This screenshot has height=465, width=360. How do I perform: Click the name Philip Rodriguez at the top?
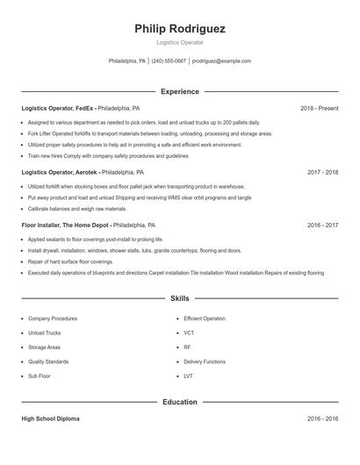click(180, 29)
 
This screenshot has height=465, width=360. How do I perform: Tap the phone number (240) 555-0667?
click(169, 61)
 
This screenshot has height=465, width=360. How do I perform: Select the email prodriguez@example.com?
click(221, 61)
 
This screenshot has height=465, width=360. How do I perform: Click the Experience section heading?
click(180, 91)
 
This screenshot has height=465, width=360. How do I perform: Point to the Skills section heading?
click(180, 299)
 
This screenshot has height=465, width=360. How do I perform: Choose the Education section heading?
click(180, 402)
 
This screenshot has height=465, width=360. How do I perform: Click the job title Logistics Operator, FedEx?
click(57, 108)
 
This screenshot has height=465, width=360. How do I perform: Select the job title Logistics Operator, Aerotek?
click(59, 173)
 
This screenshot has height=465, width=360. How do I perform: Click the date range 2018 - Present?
click(319, 108)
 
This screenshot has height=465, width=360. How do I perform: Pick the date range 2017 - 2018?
click(322, 173)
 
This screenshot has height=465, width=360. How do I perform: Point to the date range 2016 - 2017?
click(322, 225)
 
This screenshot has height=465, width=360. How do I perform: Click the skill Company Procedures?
click(52, 318)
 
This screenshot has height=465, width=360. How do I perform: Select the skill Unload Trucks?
click(44, 333)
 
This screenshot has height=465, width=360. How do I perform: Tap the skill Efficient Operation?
click(205, 318)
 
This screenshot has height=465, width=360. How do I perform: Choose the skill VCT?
click(189, 333)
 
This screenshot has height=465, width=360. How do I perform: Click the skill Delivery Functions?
click(205, 361)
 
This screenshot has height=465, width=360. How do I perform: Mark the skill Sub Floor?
click(40, 376)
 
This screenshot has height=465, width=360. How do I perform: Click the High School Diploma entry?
click(50, 418)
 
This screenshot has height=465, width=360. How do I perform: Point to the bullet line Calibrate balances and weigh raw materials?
click(77, 209)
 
